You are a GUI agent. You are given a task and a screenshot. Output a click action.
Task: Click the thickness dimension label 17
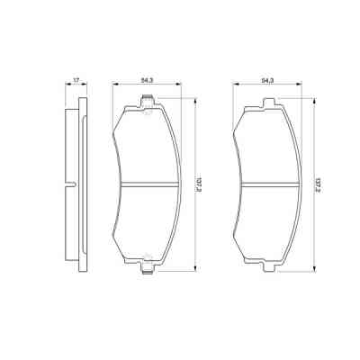tap(77, 81)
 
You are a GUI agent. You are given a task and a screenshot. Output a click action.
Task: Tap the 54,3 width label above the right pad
tap(266, 81)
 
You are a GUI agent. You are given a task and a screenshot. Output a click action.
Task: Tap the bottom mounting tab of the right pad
tap(266, 260)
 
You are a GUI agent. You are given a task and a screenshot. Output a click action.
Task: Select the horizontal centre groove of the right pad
tap(266, 184)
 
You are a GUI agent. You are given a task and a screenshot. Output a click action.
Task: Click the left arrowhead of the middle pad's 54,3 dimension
tap(113, 86)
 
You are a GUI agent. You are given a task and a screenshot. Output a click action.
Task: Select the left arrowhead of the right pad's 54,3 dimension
tap(235, 86)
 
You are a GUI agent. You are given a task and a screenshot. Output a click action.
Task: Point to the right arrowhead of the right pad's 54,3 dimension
tap(300, 86)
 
